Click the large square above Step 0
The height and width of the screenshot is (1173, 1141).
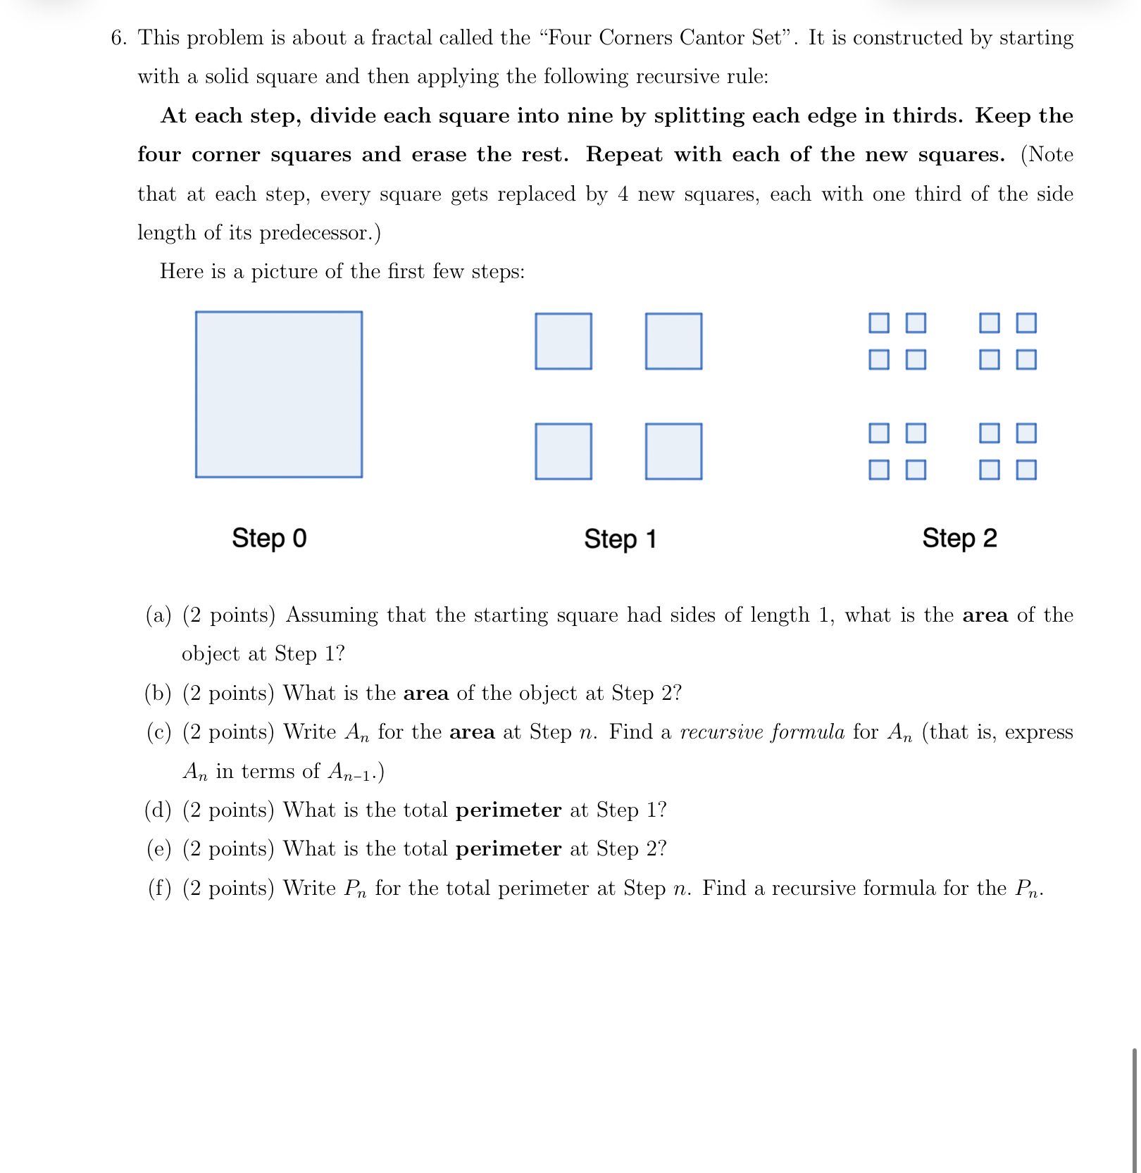click(x=279, y=394)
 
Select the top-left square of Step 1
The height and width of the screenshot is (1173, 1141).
click(x=563, y=341)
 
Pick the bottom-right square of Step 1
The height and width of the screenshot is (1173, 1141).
click(x=673, y=451)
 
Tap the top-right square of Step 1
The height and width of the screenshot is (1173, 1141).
click(x=673, y=341)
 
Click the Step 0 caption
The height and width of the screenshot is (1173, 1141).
click(x=269, y=538)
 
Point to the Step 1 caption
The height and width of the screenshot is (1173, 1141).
click(x=620, y=539)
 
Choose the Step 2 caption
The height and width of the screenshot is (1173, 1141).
click(x=959, y=538)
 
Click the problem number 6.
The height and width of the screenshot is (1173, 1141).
click(x=118, y=38)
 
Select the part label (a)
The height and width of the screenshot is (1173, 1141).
click(x=158, y=615)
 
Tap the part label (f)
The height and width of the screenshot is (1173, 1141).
click(x=159, y=889)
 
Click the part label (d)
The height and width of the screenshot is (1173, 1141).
click(x=158, y=810)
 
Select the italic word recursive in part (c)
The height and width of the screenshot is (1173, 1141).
click(x=721, y=733)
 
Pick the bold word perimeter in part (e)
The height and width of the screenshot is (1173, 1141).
click(x=509, y=849)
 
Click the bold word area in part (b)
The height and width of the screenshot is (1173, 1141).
click(x=425, y=694)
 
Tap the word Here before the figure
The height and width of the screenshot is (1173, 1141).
click(x=182, y=272)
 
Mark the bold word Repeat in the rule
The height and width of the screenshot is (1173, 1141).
click(x=624, y=155)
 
